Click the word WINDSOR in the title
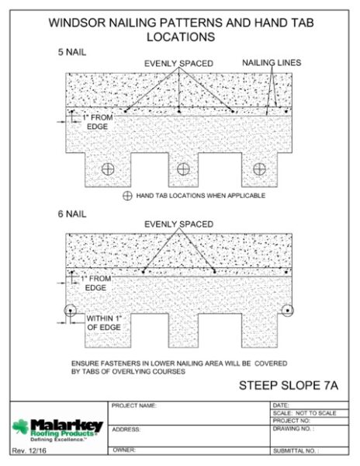pos(77,23)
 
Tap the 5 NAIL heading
pos(72,52)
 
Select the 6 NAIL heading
pos(72,214)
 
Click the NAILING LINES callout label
pos(272,63)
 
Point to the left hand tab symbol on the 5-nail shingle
pos(108,169)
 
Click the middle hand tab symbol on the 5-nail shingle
pos(183,169)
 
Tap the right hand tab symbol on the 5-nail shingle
pos(259,169)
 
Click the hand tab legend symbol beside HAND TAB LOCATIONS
pos(127,196)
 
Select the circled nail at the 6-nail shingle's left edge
pos(71,311)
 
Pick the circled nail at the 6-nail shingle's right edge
pos(288,311)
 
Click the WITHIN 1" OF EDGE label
pos(104,323)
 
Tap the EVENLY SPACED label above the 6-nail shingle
pos(179,224)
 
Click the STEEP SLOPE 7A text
pos(289,385)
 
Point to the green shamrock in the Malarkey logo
pos(20,426)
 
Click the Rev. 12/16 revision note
pos(29,450)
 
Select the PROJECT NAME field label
pos(134,405)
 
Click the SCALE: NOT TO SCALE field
pos(304,413)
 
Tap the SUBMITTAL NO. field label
pos(296,450)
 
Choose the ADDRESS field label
pos(126,429)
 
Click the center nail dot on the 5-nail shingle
pos(179,111)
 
